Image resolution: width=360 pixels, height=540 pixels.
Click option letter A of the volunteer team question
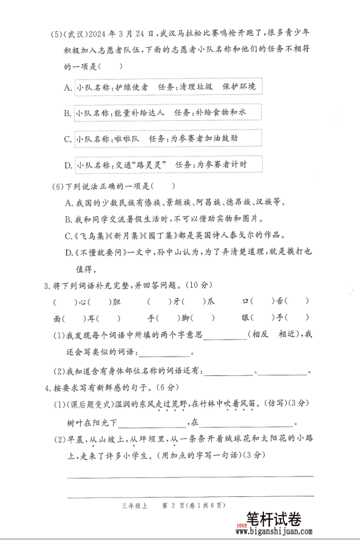(67, 88)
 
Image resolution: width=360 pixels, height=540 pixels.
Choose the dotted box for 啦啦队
(164, 139)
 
